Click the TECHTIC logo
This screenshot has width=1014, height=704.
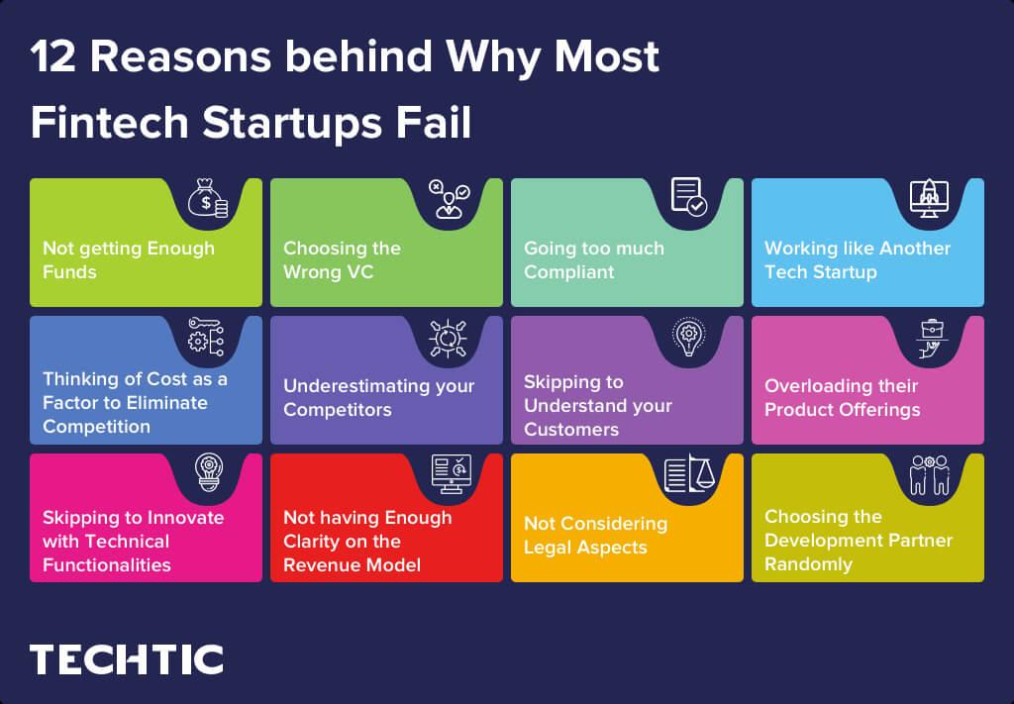[x=126, y=658]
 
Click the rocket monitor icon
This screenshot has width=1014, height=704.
[x=929, y=198]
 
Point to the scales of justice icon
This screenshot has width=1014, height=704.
[x=688, y=473]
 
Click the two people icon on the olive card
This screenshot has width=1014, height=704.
[x=929, y=474]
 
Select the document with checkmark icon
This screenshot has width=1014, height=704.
[x=688, y=197]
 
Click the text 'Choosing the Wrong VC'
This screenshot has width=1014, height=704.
[x=342, y=259]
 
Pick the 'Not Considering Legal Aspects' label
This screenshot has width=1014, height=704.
[x=595, y=535]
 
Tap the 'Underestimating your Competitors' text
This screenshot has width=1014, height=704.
[x=378, y=397]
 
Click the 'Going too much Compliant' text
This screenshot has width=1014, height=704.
[x=593, y=259]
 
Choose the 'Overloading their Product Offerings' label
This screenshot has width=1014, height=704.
[x=842, y=397]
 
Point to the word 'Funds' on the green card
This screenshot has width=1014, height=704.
[x=69, y=271]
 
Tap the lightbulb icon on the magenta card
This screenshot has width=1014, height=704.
[x=208, y=473]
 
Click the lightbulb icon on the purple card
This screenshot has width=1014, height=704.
[x=687, y=337]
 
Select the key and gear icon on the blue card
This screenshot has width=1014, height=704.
[x=207, y=337]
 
